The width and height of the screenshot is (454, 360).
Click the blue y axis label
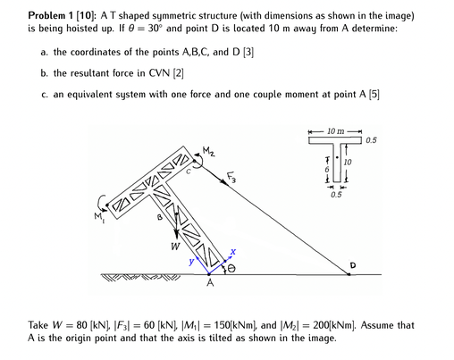tap(189, 261)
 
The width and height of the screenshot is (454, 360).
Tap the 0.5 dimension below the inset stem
tap(335, 194)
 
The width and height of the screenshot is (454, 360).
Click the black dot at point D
tap(349, 273)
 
